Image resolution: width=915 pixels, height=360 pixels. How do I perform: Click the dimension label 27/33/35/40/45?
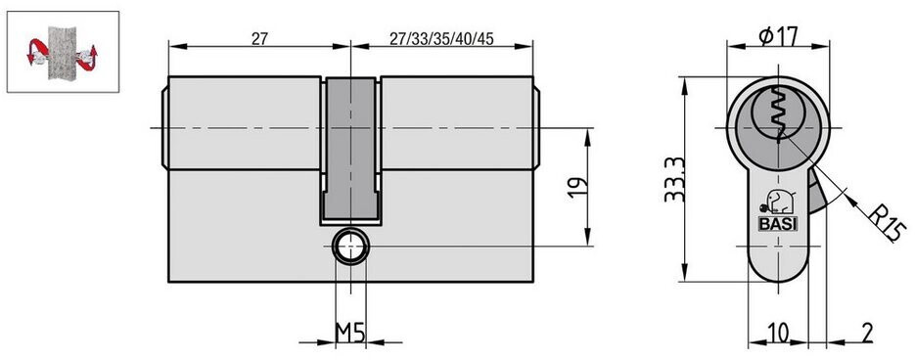441,39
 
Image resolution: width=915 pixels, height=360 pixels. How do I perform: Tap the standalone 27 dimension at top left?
259,39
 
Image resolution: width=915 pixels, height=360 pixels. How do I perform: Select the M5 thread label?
350,333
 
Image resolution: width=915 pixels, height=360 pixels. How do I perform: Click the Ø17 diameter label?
778,37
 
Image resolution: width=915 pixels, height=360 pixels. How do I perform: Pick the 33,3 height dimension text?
675,179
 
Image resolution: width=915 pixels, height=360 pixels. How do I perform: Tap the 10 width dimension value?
778,333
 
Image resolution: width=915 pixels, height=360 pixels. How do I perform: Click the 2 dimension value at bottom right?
867,334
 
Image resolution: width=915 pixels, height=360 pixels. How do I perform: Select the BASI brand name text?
778,225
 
